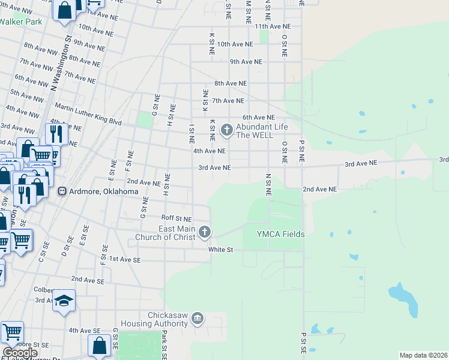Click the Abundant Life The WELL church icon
coord(227,128)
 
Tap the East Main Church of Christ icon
coord(205,232)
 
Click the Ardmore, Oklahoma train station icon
coord(61,191)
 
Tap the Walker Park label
coord(20,22)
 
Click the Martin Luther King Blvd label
coord(88,114)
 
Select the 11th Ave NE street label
coord(272,27)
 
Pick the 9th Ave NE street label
coord(246,62)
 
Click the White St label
coord(220,250)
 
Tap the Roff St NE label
coord(176,218)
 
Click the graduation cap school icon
coord(63,299)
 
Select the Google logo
coord(20,353)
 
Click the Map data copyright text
coord(423,355)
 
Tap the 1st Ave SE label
coord(124,260)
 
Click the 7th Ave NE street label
coord(228,101)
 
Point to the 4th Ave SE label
coord(84,331)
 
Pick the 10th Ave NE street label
coord(232,44)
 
